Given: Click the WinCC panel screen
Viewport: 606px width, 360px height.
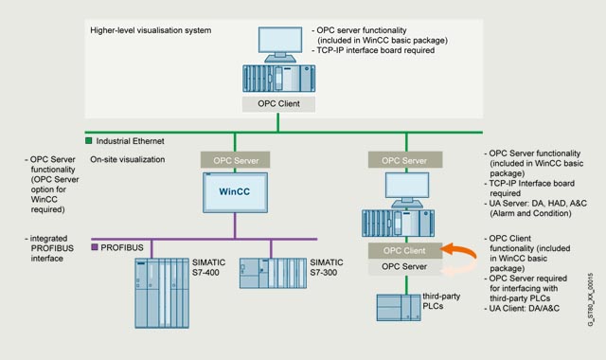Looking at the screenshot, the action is point(235,192).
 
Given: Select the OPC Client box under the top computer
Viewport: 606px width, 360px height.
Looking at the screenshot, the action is point(278,104).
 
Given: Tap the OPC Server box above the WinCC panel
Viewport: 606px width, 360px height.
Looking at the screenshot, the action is point(236,160).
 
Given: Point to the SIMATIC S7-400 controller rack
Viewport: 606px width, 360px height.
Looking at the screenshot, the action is point(162,293).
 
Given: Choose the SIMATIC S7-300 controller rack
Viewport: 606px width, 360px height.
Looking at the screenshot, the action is point(273,274).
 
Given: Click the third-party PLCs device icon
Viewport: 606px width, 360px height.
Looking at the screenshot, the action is point(399,308).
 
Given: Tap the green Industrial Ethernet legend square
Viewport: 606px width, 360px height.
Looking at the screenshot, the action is point(88,141).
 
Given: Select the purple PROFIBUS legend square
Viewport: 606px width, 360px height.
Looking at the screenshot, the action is point(95,246).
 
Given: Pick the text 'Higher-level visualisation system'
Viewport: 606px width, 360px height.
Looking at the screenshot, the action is point(151,30).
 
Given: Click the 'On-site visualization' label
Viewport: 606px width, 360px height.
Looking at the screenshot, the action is point(128,159).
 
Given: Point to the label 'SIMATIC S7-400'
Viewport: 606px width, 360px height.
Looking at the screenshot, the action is point(208,267).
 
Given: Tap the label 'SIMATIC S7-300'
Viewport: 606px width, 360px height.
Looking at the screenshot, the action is point(327,267).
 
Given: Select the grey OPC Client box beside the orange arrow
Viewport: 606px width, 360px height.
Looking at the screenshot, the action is point(404,250).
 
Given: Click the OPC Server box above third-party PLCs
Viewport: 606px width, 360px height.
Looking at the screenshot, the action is point(404,267).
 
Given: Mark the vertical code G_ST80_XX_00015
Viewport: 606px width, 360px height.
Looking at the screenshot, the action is point(590,299).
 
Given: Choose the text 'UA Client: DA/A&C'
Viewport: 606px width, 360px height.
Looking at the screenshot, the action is point(522,308).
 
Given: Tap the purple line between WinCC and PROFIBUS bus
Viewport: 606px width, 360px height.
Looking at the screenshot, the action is point(235,225).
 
